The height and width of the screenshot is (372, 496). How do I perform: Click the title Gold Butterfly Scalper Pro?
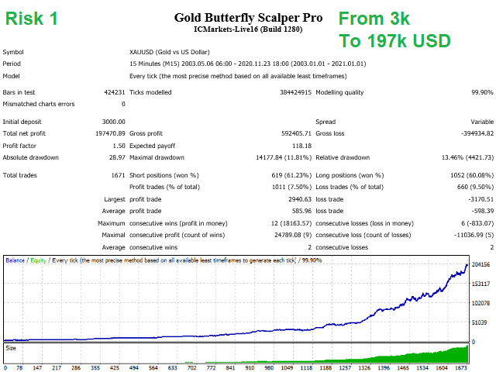coord(248,17)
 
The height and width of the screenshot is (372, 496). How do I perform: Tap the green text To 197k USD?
coord(395,40)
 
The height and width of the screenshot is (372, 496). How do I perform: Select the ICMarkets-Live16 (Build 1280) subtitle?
coord(247,29)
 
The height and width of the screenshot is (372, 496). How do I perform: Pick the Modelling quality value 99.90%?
coord(479,92)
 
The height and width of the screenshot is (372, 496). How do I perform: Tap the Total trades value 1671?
coord(117,175)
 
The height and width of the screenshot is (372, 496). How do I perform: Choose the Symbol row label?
coord(13,51)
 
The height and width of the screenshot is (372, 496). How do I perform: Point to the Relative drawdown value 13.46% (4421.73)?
coord(462,157)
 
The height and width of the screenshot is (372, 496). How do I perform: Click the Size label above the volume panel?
coord(11,349)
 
